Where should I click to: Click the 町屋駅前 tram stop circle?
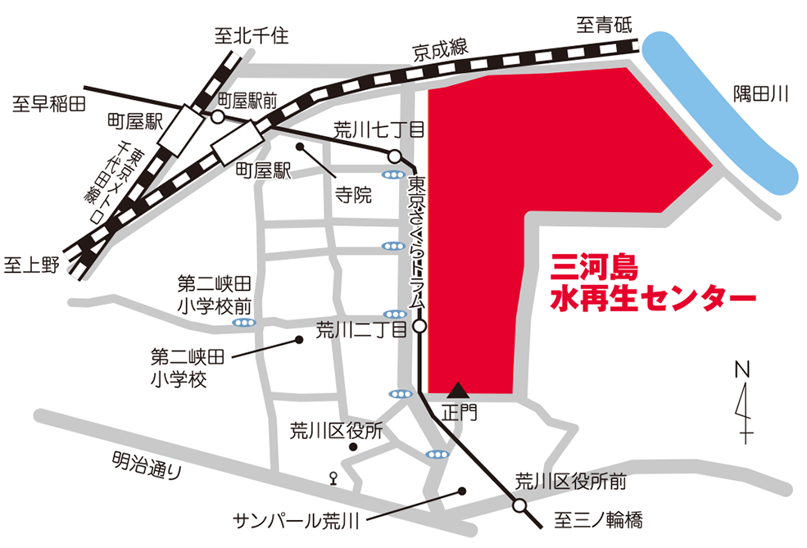[218, 118]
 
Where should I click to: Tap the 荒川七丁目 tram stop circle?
[394, 156]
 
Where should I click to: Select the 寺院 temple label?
[352, 195]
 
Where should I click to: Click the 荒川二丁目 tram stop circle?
[419, 327]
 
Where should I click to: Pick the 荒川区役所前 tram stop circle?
[519, 506]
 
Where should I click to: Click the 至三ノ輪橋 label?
[598, 519]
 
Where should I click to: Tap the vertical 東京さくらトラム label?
[417, 242]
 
